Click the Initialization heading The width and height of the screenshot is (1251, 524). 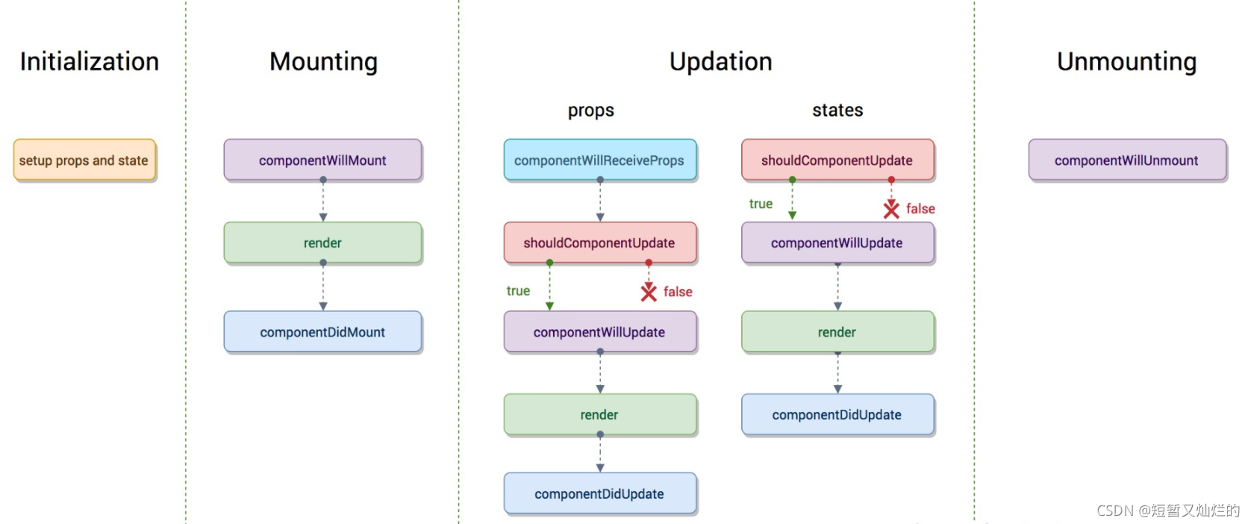(89, 61)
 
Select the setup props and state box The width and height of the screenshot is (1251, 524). (84, 160)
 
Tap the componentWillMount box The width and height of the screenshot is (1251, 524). (322, 160)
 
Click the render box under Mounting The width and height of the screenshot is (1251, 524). (322, 243)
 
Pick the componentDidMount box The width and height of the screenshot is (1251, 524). (322, 332)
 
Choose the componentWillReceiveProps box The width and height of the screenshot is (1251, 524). (599, 160)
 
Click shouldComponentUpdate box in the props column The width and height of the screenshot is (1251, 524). (599, 243)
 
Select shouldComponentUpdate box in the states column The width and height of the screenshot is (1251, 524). (837, 160)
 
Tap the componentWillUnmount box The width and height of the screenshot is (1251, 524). (1126, 160)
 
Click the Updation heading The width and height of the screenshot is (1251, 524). (720, 61)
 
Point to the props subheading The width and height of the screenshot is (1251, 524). (590, 110)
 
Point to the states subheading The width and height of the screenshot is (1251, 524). (837, 110)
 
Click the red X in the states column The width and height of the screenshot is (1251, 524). (891, 209)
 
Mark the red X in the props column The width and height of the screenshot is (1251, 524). (649, 292)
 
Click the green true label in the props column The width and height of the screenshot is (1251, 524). (518, 291)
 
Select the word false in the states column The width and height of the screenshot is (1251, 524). (920, 209)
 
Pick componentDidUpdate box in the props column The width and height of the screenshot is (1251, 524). (599, 493)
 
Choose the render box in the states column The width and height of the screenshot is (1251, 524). (837, 332)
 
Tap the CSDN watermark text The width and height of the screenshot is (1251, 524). (1167, 511)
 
